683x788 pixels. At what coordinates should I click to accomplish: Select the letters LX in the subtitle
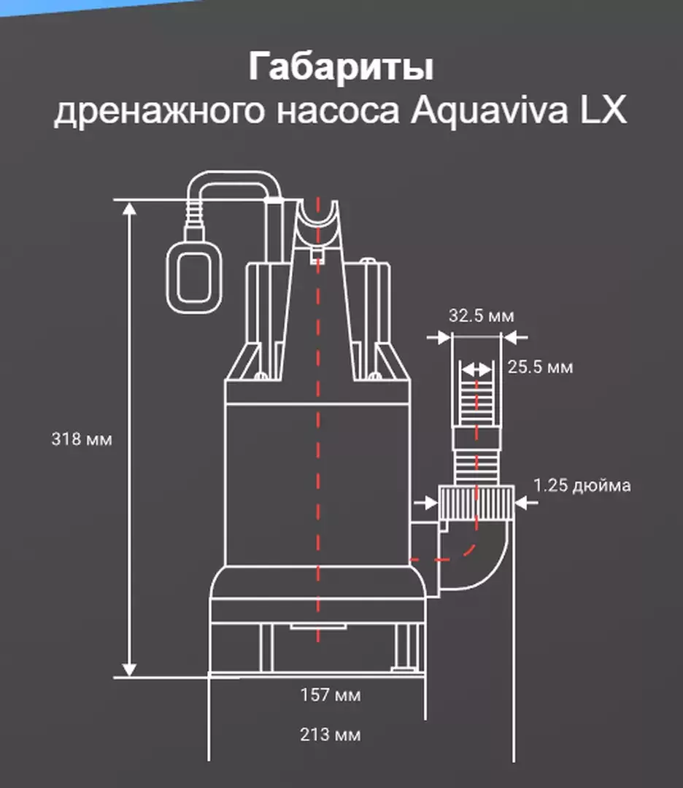(x=603, y=109)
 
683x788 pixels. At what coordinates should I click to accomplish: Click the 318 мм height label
(x=82, y=439)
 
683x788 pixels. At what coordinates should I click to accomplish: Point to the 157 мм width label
(x=331, y=695)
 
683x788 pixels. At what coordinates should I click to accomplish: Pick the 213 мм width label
(x=331, y=735)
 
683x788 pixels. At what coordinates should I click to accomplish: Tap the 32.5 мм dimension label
(x=482, y=316)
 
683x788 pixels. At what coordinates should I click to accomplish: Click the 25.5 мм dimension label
(x=540, y=367)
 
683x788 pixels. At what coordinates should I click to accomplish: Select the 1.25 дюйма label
(x=582, y=485)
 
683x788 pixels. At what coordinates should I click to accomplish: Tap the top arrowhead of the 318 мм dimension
(x=130, y=209)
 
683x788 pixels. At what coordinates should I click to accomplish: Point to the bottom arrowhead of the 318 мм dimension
(x=130, y=669)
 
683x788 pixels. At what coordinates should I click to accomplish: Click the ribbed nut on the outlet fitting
(x=476, y=503)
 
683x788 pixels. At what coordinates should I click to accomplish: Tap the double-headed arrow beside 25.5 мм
(x=476, y=371)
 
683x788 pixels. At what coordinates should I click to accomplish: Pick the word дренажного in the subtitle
(x=159, y=112)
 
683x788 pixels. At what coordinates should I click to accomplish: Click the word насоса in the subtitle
(x=338, y=112)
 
